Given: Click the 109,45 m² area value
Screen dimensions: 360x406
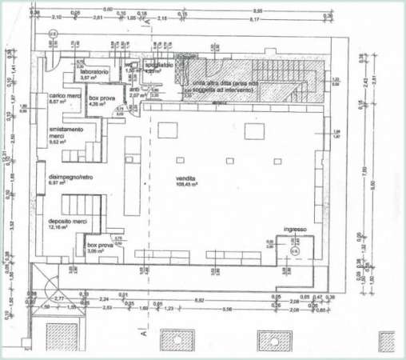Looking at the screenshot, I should coord(189,184).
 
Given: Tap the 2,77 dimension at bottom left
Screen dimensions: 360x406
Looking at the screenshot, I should coord(58,297).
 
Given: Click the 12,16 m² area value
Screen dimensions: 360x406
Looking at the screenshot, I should coord(60,227).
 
